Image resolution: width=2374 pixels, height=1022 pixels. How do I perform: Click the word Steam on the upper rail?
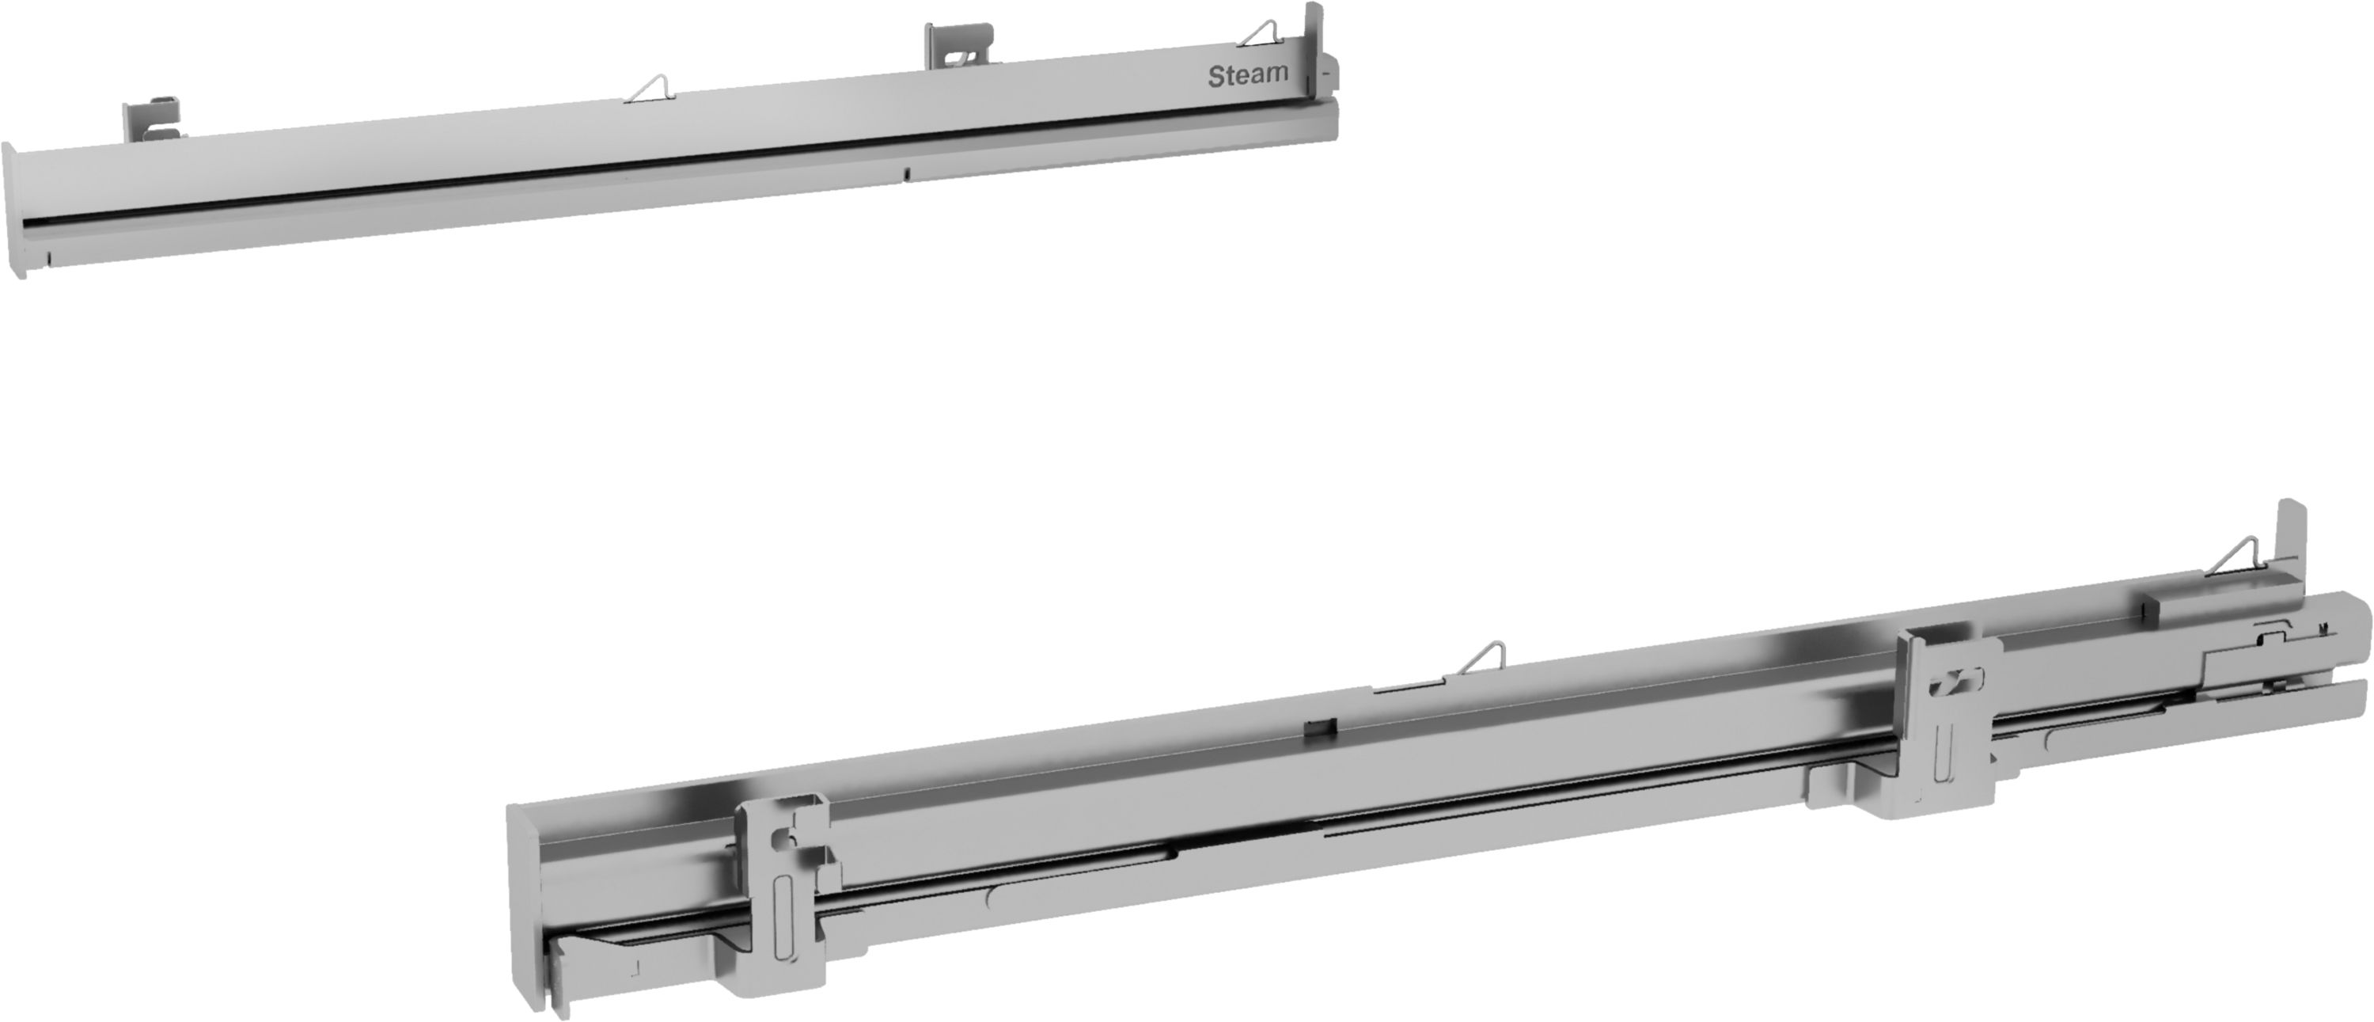1248,75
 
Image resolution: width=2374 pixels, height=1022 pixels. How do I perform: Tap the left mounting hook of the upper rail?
152,120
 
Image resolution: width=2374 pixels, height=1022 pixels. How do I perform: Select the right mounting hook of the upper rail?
958,46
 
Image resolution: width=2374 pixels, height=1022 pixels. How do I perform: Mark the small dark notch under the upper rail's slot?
907,173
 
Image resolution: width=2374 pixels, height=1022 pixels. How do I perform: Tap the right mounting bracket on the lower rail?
1954,728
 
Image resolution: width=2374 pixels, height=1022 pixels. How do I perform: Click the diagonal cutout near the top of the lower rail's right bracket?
1954,685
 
